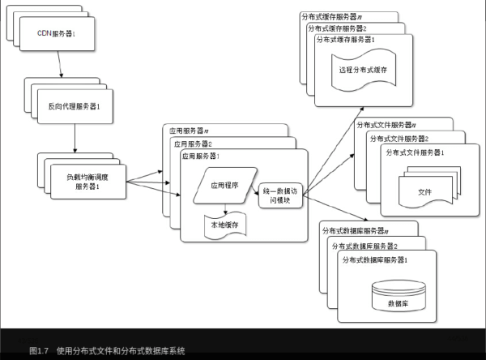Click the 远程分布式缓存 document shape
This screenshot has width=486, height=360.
363,71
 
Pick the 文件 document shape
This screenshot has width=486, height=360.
424,191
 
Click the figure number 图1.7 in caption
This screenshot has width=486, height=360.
40,351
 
